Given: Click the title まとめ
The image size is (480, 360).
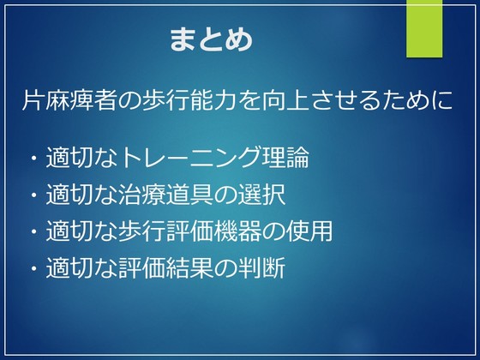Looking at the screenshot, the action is [211, 39].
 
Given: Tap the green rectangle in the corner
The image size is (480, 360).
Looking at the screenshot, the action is [424, 28].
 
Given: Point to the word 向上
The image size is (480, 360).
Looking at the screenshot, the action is [285, 100].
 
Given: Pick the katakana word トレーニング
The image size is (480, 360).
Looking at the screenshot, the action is [189, 158].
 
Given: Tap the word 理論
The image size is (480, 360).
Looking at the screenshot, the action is [285, 158].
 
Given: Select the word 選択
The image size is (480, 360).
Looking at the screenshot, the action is [261, 195].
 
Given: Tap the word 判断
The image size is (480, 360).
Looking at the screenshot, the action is [261, 267].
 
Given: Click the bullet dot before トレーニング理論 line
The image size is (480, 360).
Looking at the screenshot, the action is [33, 159].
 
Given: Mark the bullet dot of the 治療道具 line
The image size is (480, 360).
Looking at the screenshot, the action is [33, 195].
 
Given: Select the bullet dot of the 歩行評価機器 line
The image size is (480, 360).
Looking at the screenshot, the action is [33, 231].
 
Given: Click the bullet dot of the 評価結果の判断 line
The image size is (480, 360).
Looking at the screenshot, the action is [33, 268].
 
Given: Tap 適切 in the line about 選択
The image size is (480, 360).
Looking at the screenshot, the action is [69, 195].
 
